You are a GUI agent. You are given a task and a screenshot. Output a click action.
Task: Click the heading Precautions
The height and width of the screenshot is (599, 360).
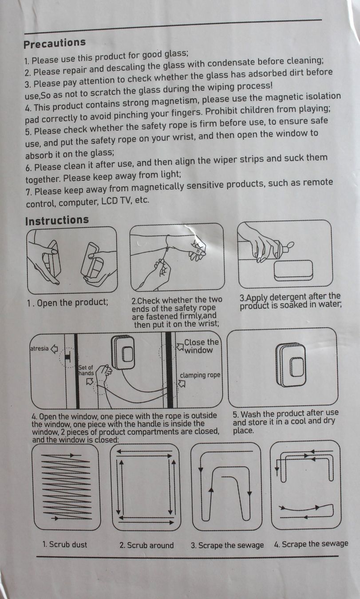tap(55, 43)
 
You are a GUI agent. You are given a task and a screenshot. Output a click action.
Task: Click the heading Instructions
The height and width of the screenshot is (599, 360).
tap(57, 221)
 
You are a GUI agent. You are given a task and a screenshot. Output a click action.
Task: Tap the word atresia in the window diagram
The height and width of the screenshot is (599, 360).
tap(40, 348)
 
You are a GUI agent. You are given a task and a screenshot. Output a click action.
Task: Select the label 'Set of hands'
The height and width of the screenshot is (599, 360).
tap(86, 370)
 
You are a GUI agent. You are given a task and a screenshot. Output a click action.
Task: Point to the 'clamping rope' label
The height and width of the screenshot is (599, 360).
tap(200, 375)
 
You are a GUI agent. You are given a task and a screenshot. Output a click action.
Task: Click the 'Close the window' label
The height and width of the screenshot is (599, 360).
tap(202, 346)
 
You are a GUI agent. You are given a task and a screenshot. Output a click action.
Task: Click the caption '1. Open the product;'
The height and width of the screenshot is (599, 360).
tap(67, 303)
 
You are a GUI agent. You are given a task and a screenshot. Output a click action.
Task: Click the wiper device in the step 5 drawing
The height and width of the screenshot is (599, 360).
tap(290, 365)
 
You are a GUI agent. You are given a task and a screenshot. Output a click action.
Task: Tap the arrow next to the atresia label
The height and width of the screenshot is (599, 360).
tap(54, 349)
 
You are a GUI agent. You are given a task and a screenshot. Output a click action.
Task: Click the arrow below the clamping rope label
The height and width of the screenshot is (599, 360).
tap(182, 384)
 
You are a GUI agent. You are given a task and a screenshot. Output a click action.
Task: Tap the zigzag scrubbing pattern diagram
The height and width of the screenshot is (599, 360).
tap(66, 487)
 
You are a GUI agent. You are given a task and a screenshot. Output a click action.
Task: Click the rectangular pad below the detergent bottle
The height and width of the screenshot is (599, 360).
tap(293, 271)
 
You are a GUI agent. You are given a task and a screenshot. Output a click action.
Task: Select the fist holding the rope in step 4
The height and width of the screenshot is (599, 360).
tap(103, 372)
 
